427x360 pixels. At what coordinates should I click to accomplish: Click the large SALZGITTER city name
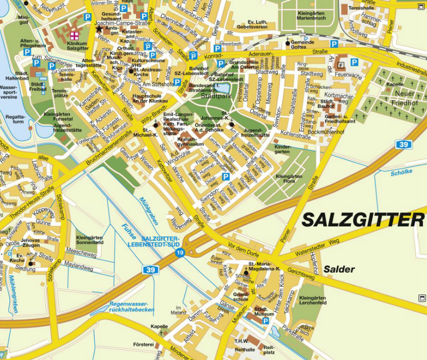tap(363, 219)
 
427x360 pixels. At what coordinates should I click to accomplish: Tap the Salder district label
tap(339, 269)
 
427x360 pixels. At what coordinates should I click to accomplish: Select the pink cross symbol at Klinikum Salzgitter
tap(74, 35)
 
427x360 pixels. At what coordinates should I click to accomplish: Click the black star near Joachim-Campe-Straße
tap(98, 29)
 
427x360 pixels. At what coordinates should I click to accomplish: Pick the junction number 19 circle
tap(179, 253)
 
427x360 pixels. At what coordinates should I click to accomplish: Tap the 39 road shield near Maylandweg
tap(152, 270)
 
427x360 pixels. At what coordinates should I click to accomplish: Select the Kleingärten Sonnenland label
tap(89, 240)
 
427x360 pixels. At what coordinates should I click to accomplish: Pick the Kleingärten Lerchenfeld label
tap(313, 300)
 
